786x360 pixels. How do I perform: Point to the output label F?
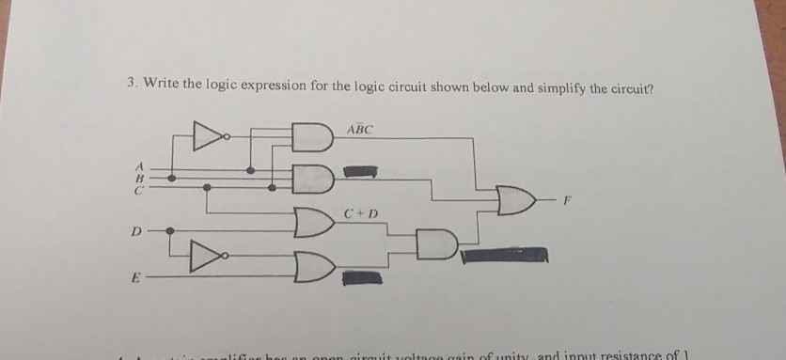click(x=566, y=200)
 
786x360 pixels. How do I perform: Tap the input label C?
click(x=137, y=188)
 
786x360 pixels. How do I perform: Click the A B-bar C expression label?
click(x=360, y=128)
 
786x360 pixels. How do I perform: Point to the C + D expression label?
click(x=360, y=211)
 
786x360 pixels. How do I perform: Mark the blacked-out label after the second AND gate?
click(x=359, y=172)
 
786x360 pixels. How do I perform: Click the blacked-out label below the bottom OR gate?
click(x=359, y=276)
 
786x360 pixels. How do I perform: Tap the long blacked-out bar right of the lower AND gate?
click(x=503, y=254)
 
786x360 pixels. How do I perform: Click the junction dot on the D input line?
click(x=170, y=229)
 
